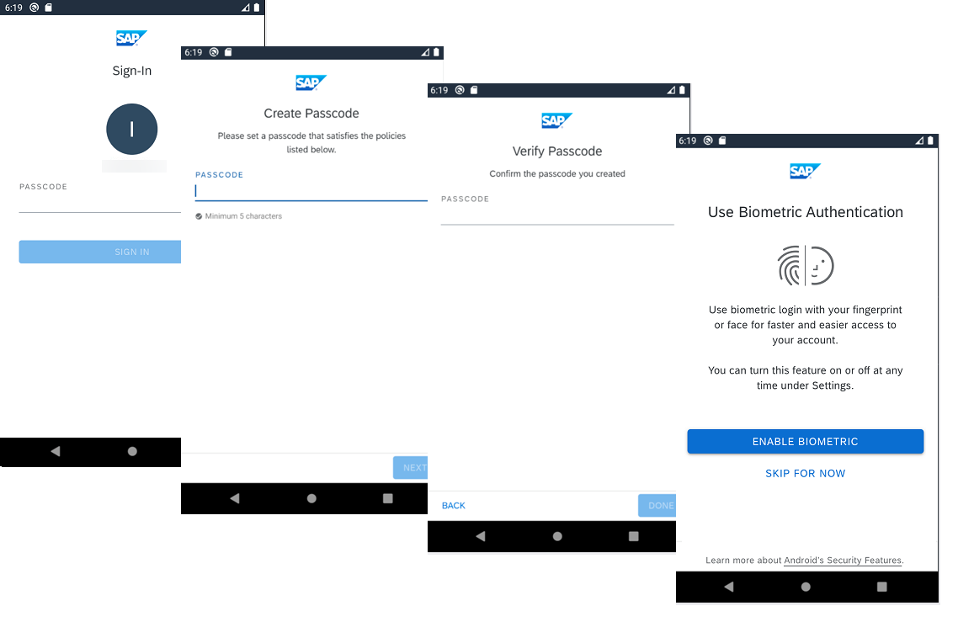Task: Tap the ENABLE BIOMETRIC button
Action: [806, 442]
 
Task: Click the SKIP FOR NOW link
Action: [806, 473]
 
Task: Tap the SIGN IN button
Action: [100, 252]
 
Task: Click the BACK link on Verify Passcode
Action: [454, 506]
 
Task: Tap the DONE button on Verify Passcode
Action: [657, 506]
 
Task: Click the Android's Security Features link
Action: [843, 561]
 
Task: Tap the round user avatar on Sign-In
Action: [132, 129]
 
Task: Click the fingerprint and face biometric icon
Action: [806, 265]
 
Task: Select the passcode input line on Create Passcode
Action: [311, 192]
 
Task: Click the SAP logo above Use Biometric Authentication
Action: [805, 171]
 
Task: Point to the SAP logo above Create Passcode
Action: [311, 82]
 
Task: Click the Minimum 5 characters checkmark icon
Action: [199, 216]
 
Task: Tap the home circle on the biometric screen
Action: [806, 587]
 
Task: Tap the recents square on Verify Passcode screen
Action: [634, 536]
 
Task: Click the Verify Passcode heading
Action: [557, 151]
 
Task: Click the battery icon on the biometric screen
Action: [930, 141]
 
